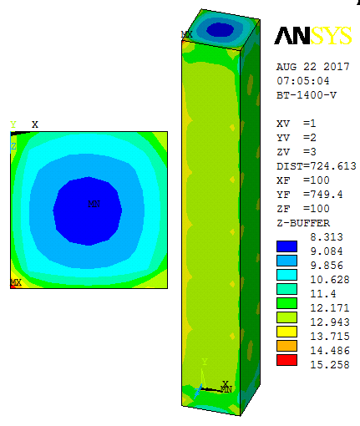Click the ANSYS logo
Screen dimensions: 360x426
coord(313,36)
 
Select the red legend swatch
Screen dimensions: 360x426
coord(286,360)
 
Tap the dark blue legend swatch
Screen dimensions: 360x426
coord(286,246)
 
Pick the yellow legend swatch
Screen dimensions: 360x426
coord(286,332)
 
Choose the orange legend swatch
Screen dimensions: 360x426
coord(286,346)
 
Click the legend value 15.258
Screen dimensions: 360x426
coord(330,364)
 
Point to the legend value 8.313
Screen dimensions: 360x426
coord(327,237)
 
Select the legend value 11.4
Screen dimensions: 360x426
coord(323,294)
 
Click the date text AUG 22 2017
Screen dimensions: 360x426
coord(313,67)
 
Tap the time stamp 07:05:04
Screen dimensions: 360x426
coord(303,81)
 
